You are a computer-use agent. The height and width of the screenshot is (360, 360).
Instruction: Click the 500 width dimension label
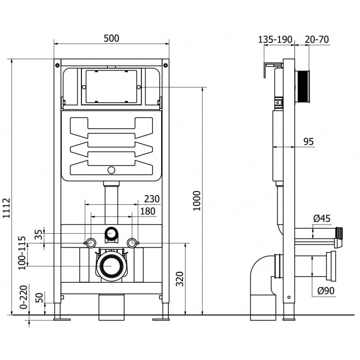(112, 38)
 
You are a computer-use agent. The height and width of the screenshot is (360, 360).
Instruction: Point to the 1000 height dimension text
(197, 201)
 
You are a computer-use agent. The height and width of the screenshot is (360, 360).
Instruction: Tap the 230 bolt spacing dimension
(152, 199)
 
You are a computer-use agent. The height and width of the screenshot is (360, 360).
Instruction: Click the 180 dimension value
(148, 211)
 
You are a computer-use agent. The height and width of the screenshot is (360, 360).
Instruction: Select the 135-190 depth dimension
(275, 39)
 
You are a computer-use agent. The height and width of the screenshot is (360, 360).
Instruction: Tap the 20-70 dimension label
(317, 39)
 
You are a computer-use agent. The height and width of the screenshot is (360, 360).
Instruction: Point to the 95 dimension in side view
(308, 142)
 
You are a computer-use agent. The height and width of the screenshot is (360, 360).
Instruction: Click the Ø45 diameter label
(321, 219)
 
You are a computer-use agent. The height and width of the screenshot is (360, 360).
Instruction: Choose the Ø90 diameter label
(325, 291)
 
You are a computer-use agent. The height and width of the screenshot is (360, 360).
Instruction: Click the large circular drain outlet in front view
(111, 266)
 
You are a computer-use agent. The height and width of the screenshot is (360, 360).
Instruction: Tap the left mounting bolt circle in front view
(90, 243)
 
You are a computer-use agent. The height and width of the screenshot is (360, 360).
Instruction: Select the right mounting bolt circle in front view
(132, 243)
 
